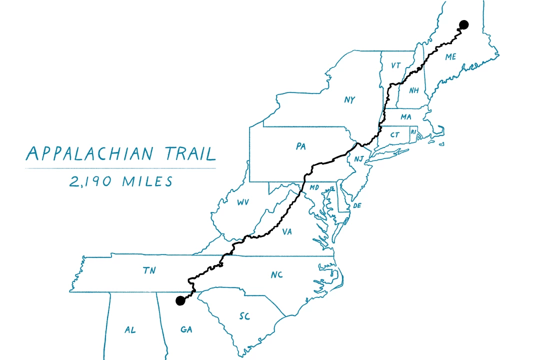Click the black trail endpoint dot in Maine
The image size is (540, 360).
tap(463, 24)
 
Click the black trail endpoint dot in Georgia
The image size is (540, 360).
tap(180, 300)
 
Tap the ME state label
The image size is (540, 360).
tap(450, 57)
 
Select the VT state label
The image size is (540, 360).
tap(396, 65)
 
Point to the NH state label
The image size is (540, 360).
tap(413, 90)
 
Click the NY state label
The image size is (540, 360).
tap(349, 100)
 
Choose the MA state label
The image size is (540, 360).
tap(405, 117)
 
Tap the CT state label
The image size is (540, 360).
tap(395, 135)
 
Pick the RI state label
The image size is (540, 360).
tap(413, 132)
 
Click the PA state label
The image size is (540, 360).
tap(300, 146)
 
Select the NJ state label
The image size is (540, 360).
tap(358, 159)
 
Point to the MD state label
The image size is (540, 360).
tap(314, 187)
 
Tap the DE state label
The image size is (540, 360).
tap(357, 206)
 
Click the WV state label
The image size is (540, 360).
tap(243, 202)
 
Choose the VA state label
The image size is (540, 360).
tap(287, 232)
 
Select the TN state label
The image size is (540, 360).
tap(149, 270)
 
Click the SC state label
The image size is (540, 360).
tap(244, 316)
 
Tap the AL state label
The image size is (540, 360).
tap(130, 330)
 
